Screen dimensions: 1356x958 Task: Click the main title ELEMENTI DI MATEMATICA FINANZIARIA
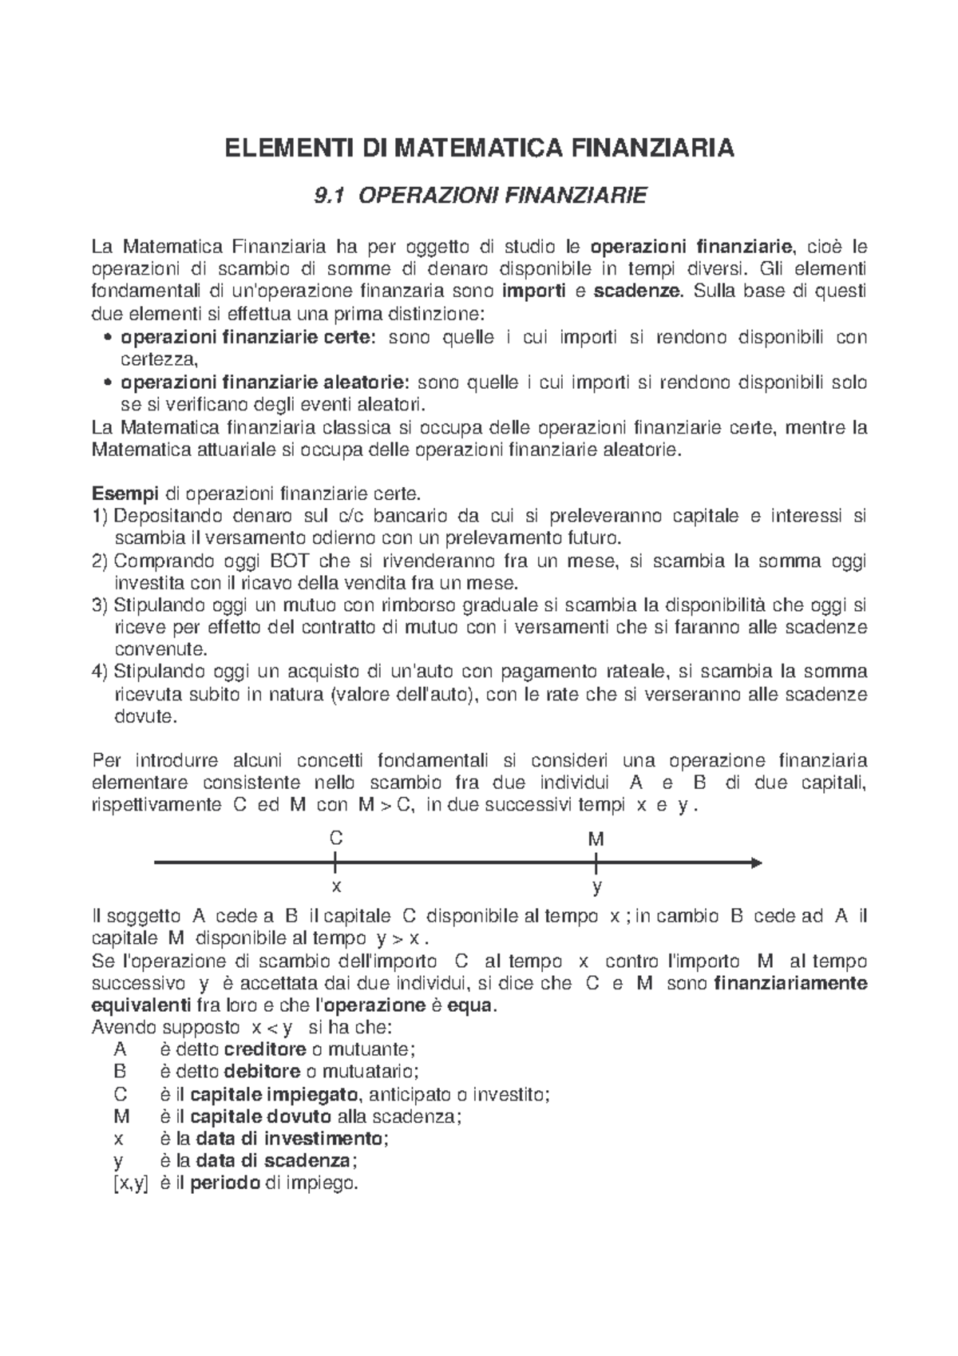478,149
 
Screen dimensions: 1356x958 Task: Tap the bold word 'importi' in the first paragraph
533,290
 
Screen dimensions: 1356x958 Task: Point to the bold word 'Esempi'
120,493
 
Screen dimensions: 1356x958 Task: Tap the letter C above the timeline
336,839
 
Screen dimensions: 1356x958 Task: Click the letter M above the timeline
596,839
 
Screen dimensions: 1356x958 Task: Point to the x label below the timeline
336,886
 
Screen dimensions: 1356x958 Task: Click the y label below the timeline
596,887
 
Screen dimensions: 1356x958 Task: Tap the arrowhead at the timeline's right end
756,862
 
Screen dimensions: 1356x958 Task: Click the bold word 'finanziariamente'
790,983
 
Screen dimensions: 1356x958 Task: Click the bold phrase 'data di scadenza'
272,1160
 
